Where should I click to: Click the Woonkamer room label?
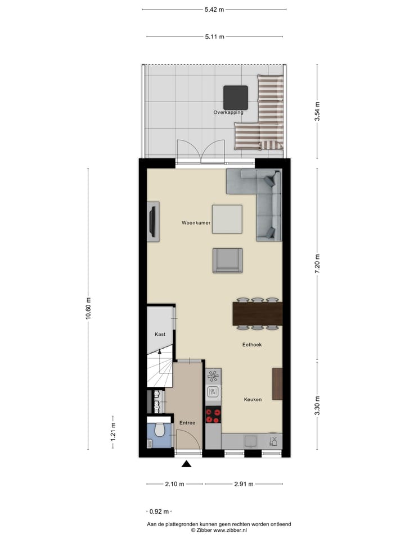point(196,223)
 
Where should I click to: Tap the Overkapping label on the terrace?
point(228,112)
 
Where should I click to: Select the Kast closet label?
point(160,334)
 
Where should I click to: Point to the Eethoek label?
point(252,344)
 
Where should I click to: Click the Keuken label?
point(253,400)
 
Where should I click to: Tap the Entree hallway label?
point(187,423)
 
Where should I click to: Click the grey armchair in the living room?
point(227,261)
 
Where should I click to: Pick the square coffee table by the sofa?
point(227,219)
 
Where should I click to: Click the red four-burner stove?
point(213,415)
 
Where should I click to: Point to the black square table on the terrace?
point(236,97)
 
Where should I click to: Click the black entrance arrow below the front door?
point(186,463)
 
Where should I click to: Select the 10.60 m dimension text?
point(88,307)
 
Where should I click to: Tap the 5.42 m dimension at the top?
point(214,9)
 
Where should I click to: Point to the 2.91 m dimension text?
point(243,484)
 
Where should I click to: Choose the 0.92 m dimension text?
point(158,511)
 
